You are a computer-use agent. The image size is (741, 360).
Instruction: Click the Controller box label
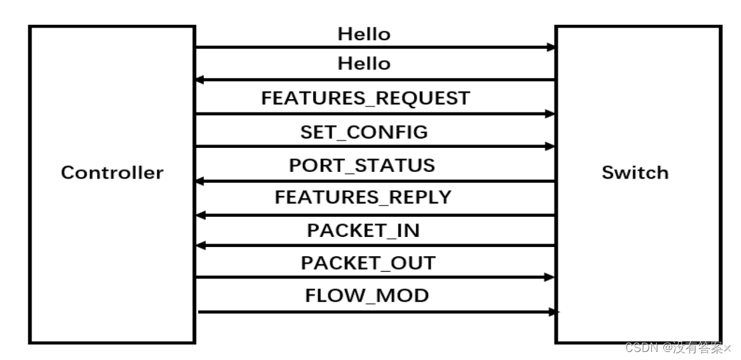click(112, 173)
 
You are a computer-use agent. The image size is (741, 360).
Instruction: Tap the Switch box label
click(635, 173)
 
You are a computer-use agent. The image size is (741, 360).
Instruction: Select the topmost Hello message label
click(364, 33)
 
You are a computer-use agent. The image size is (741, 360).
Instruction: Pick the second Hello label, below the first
click(364, 64)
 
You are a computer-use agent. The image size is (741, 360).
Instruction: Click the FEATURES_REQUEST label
click(365, 98)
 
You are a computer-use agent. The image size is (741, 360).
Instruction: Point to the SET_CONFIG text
click(364, 132)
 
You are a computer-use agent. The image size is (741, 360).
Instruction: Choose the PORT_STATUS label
click(362, 165)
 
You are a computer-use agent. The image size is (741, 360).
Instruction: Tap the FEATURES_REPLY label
click(363, 197)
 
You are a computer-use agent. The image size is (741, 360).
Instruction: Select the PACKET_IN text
click(363, 230)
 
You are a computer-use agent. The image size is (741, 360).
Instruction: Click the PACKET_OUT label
click(368, 263)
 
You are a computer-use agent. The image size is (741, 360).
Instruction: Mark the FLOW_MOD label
click(367, 295)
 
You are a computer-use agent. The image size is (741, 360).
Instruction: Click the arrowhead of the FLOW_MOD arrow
click(554, 312)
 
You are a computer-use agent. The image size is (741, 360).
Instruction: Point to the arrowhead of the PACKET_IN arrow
click(199, 246)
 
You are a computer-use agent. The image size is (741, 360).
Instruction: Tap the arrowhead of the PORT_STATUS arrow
click(199, 181)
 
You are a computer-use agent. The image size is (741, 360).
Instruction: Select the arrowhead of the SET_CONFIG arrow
click(550, 147)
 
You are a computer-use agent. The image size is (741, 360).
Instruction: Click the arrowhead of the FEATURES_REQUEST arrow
click(550, 114)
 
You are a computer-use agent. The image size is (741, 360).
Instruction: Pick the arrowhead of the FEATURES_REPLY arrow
click(199, 215)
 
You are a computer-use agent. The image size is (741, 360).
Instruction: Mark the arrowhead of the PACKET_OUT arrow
click(550, 277)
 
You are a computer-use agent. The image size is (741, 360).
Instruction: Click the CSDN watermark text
click(677, 348)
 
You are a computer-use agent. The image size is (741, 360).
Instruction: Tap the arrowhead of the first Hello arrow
click(550, 48)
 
